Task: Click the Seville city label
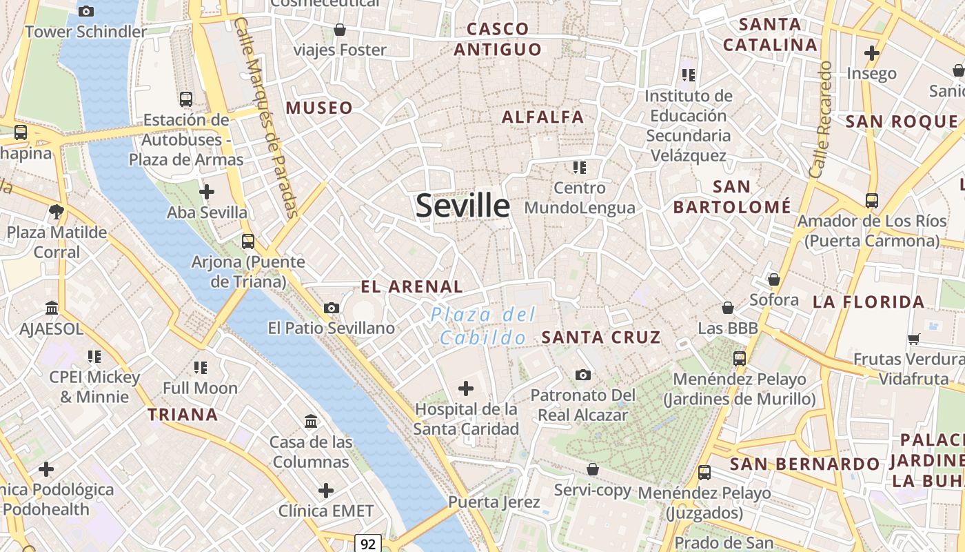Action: tap(463, 206)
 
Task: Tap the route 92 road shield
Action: tap(368, 544)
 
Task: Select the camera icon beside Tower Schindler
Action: tap(86, 11)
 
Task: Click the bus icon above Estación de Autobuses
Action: tap(185, 99)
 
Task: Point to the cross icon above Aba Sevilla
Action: tap(206, 192)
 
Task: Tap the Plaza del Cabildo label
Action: tap(483, 326)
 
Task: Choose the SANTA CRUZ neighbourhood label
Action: tap(601, 337)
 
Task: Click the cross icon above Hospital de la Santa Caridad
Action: tap(466, 388)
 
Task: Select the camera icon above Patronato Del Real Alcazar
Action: tap(583, 375)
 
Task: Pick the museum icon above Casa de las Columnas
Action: tap(311, 421)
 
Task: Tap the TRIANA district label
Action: tap(183, 415)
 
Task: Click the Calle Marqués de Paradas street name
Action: tap(266, 117)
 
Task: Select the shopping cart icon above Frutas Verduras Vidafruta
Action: tap(914, 338)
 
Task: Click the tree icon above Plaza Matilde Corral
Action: tap(57, 211)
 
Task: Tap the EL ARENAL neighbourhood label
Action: tap(412, 286)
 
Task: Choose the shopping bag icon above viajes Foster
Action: tap(339, 30)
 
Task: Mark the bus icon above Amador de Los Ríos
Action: tap(872, 201)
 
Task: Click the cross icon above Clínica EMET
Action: tap(326, 491)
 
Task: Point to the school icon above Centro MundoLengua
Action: tap(579, 167)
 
